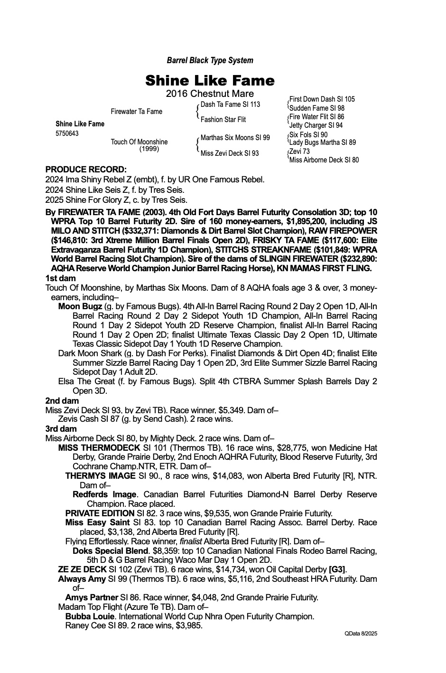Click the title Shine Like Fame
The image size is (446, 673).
coord(210,80)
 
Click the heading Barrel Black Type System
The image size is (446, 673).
coord(210,60)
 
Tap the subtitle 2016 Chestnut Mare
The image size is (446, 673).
coord(210,94)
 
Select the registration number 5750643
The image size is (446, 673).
coord(67,133)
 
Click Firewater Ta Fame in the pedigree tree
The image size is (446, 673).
coord(136,112)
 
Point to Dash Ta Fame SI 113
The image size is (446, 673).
coord(230,104)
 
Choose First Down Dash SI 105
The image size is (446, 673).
coord(322,99)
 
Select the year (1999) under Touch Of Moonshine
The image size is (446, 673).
coord(149,149)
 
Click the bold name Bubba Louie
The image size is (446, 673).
coord(90,616)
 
